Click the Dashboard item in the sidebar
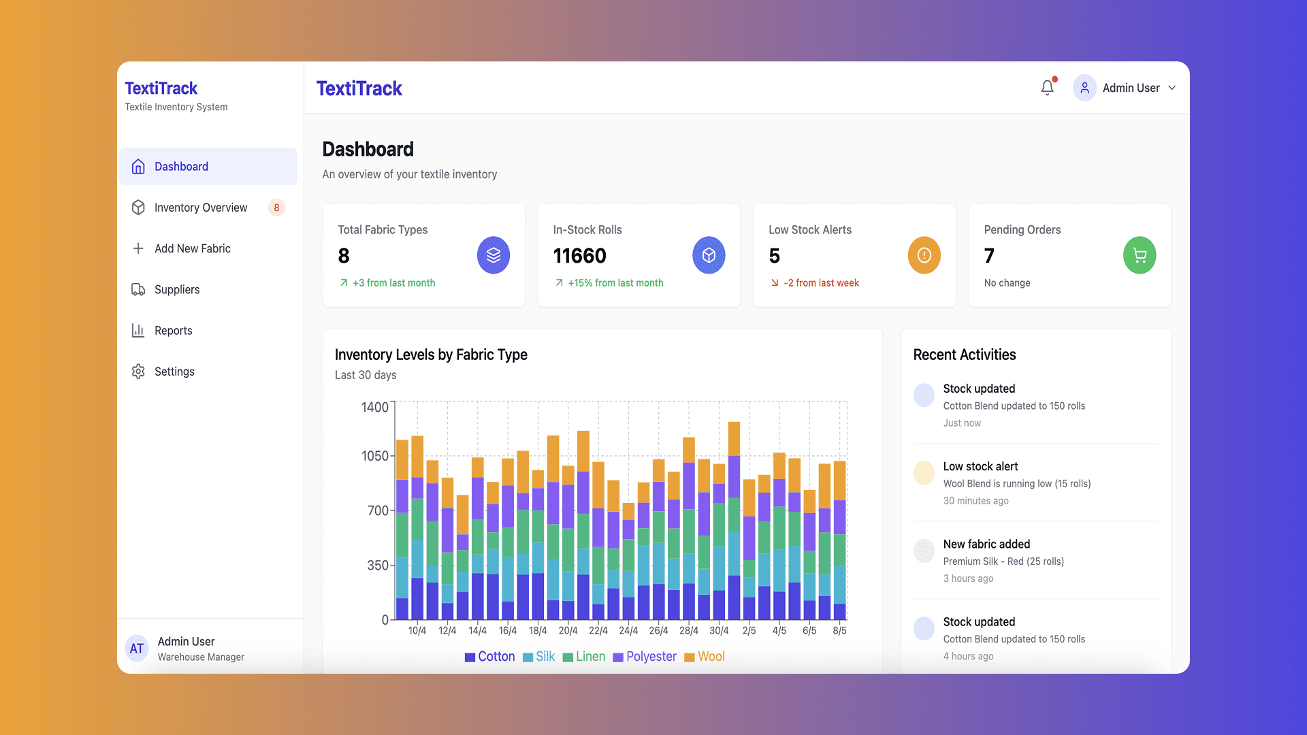click(x=208, y=167)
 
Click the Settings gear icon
click(x=138, y=372)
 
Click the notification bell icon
click(x=1048, y=88)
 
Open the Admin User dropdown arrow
click(x=1172, y=88)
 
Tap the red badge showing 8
click(x=276, y=208)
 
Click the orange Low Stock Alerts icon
click(x=924, y=255)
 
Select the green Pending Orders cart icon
click(x=1140, y=255)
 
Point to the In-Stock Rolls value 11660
click(x=579, y=256)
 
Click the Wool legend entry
click(x=705, y=657)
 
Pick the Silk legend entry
click(x=539, y=657)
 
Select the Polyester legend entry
click(x=645, y=657)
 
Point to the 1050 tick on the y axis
click(x=375, y=456)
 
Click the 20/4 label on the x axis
click(x=568, y=631)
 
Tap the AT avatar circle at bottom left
click(x=137, y=649)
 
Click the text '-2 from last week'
click(x=821, y=283)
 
